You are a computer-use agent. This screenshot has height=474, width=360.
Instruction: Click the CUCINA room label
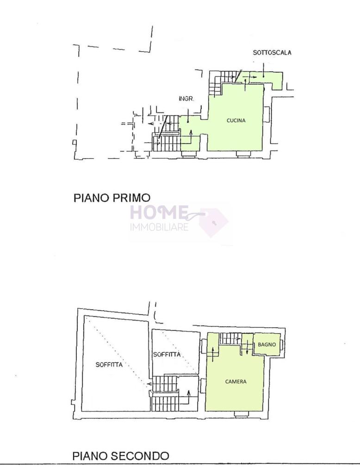(236, 120)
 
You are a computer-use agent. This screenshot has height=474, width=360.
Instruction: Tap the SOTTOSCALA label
(272, 53)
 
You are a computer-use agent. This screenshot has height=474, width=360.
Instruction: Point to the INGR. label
(186, 99)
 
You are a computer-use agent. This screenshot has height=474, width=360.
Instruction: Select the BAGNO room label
(267, 344)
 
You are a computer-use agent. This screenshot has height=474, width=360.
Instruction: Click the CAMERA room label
(236, 381)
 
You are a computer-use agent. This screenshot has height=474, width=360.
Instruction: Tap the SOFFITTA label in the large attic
(109, 365)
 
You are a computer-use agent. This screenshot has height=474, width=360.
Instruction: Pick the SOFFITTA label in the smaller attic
(167, 354)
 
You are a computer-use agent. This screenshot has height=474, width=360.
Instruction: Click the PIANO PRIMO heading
(112, 198)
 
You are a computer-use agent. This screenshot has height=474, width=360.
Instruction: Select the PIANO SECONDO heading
(121, 455)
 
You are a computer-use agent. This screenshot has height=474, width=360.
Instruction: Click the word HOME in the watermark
(159, 212)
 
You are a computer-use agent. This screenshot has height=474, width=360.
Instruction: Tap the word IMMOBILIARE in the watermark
(159, 227)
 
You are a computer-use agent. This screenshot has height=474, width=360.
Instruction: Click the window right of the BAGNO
(281, 344)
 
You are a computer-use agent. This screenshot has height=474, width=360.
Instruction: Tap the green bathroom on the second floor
(267, 344)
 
